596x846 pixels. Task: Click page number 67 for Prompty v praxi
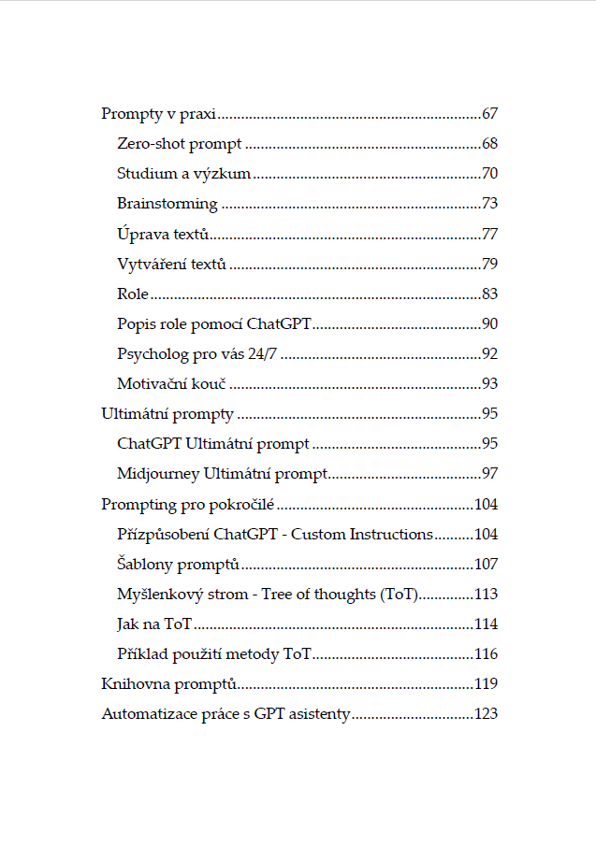click(x=489, y=115)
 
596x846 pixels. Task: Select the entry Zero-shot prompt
click(x=180, y=145)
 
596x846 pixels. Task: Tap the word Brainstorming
click(x=167, y=204)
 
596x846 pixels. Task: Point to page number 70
click(x=489, y=175)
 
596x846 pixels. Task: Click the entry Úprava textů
click(x=163, y=234)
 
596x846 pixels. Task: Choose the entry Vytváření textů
click(x=172, y=265)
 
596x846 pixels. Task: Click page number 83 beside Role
click(x=489, y=294)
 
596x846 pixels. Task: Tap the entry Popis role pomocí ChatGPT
click(x=214, y=324)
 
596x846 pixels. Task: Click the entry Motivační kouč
click(x=173, y=384)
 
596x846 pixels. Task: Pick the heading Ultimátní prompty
click(x=167, y=414)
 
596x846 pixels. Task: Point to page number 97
click(x=489, y=474)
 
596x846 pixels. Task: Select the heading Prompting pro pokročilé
click(x=187, y=505)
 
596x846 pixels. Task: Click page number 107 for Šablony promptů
click(x=486, y=565)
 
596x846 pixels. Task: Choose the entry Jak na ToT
click(x=154, y=624)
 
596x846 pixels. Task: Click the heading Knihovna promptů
click(x=168, y=684)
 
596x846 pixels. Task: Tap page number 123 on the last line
click(x=486, y=714)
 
